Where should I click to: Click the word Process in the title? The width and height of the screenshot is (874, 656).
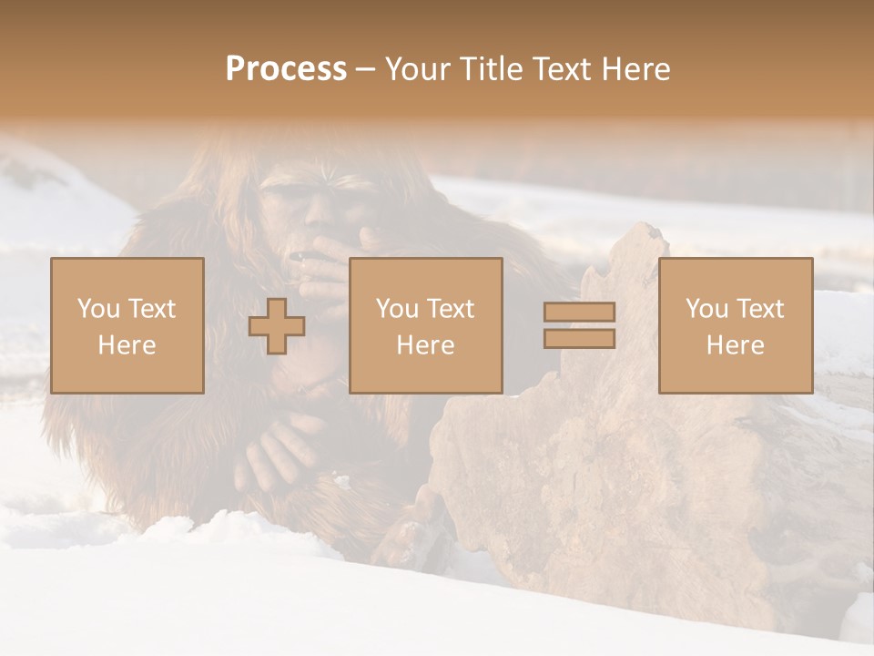(x=286, y=69)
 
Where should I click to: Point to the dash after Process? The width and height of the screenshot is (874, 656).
(x=366, y=70)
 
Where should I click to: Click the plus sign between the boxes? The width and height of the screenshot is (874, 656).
(x=277, y=325)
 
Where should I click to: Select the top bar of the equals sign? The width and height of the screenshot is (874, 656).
(x=579, y=312)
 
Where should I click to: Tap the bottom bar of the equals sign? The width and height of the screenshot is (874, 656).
(x=579, y=339)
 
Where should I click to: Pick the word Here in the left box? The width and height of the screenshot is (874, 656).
(x=127, y=345)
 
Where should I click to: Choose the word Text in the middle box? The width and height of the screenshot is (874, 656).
(x=451, y=309)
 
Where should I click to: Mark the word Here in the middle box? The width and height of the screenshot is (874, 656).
(x=425, y=345)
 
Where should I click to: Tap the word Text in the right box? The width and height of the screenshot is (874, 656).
(x=760, y=309)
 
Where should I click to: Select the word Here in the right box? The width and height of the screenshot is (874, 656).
(x=735, y=345)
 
